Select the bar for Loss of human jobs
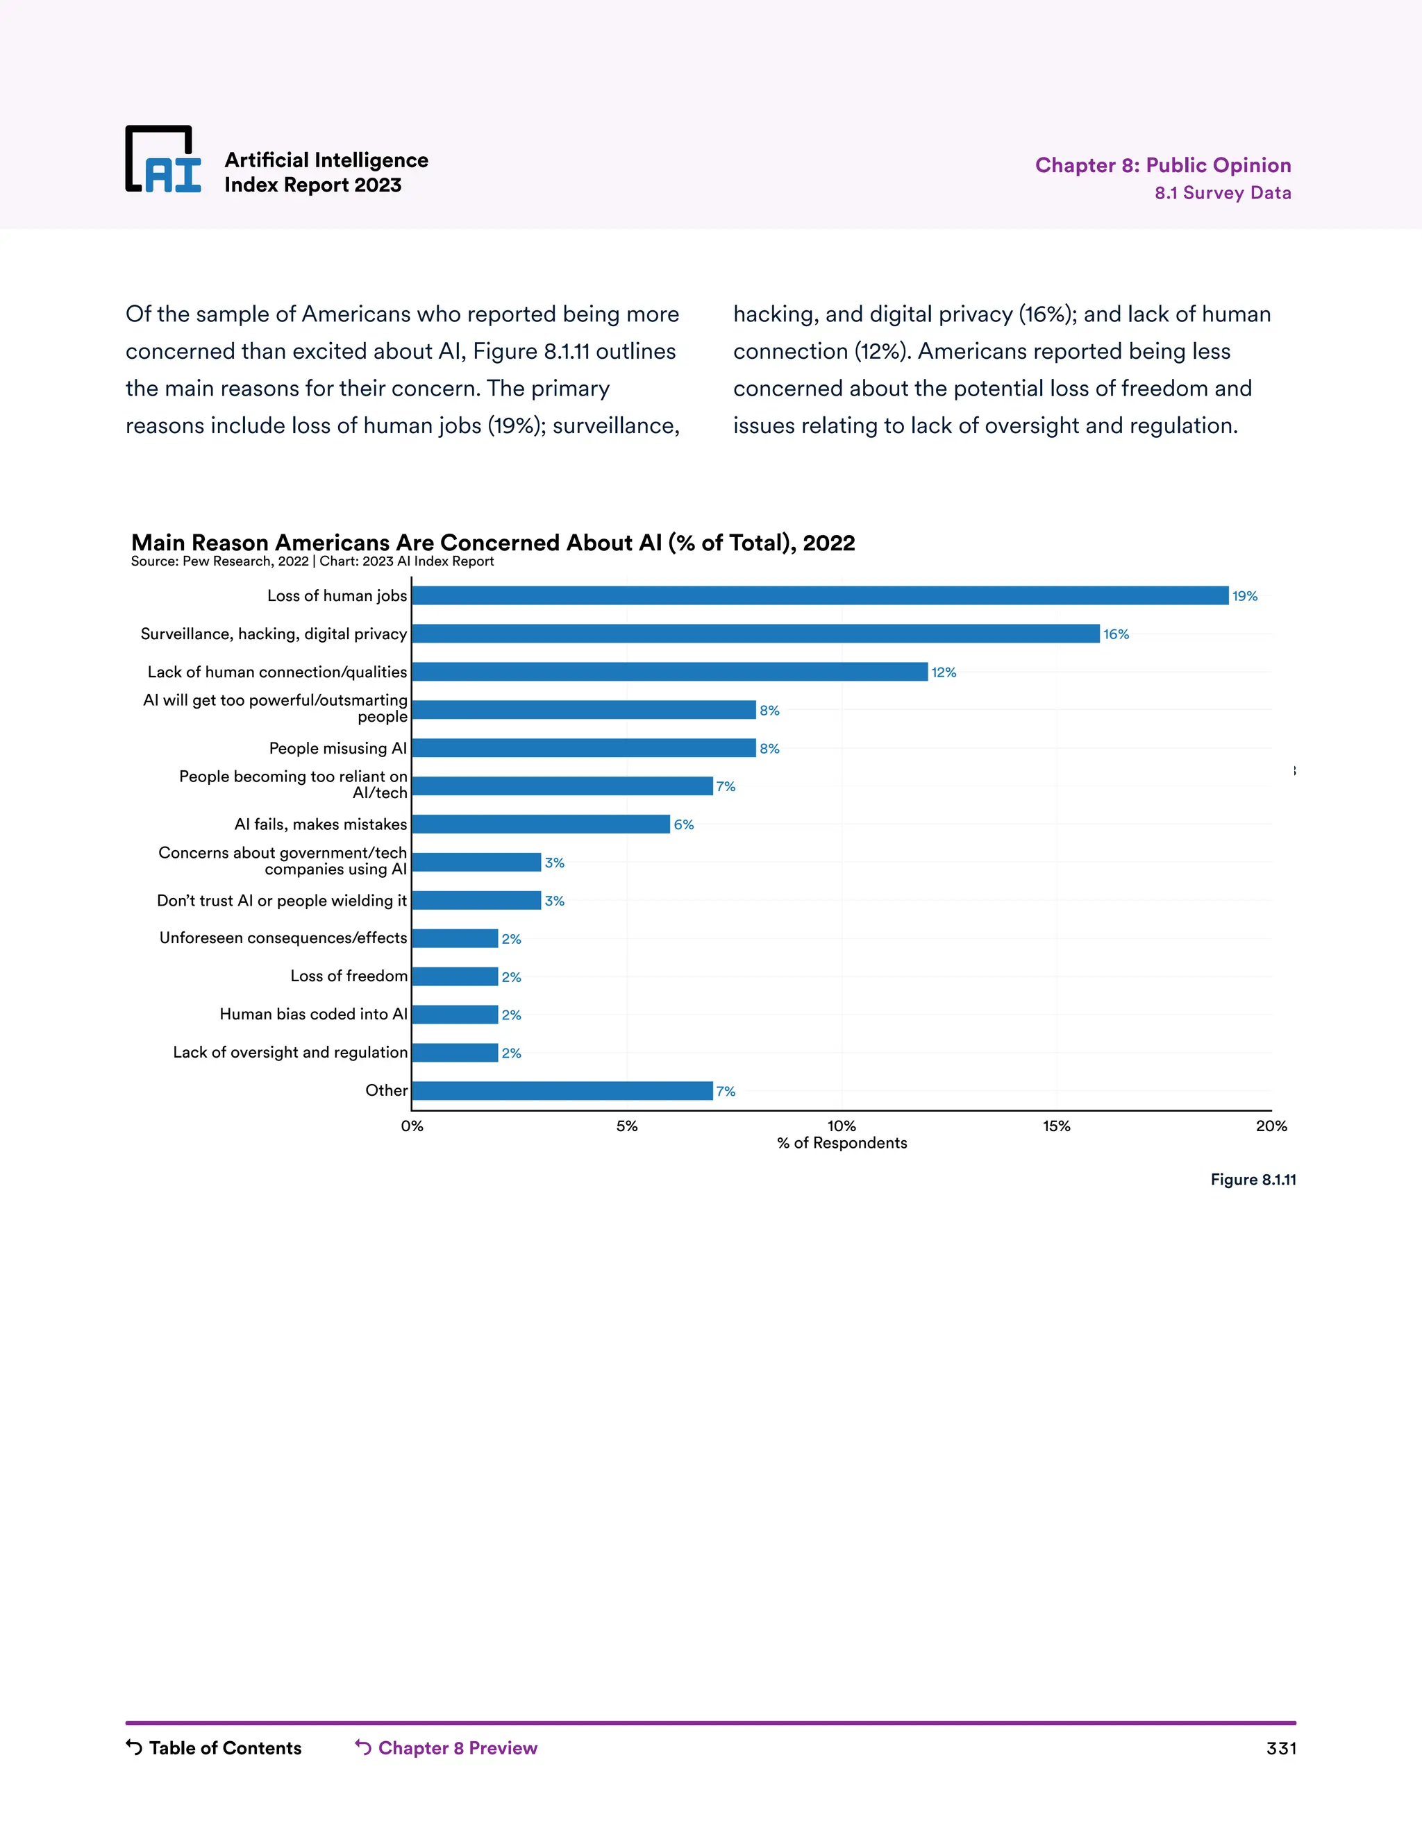(x=820, y=595)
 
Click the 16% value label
(x=1116, y=634)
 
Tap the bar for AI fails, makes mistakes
(x=541, y=824)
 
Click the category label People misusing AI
(x=338, y=747)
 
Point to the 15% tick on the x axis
(x=1056, y=1126)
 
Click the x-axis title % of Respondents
(x=842, y=1143)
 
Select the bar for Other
(x=562, y=1090)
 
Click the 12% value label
(x=944, y=672)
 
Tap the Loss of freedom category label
(x=349, y=976)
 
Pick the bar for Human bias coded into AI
(x=455, y=1015)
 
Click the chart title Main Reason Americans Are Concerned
(x=493, y=542)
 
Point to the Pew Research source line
(x=312, y=561)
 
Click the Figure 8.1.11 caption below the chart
(x=1253, y=1180)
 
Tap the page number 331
(x=1280, y=1748)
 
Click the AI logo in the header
(x=163, y=160)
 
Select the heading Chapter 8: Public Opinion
(x=1162, y=165)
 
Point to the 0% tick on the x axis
(x=412, y=1126)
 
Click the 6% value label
(x=683, y=824)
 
